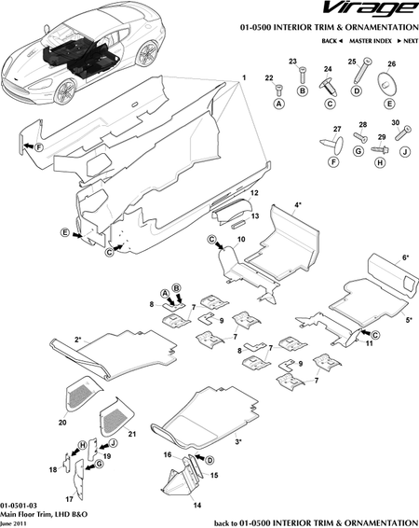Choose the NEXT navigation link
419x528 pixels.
click(406, 43)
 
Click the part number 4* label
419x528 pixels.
click(299, 202)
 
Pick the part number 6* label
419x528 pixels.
click(405, 257)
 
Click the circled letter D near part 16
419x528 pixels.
click(209, 460)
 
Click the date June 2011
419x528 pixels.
click(18, 522)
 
